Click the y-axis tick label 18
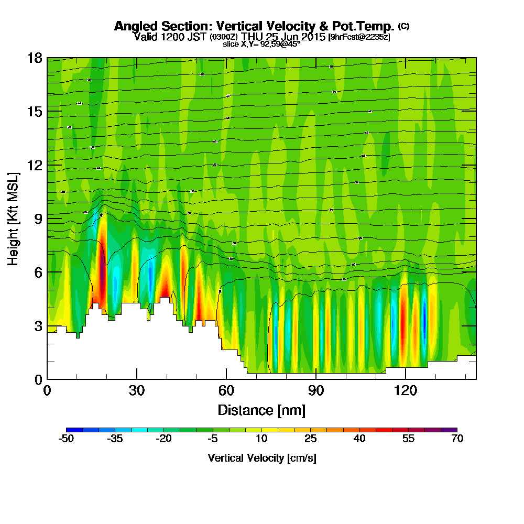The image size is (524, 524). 34,58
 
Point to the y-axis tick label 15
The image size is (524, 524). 34,112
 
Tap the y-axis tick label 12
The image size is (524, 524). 34,165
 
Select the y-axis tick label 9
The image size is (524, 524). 38,219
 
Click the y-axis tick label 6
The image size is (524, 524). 38,272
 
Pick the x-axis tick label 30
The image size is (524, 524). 137,391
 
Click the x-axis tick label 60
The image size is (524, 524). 226,391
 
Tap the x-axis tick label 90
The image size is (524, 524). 315,391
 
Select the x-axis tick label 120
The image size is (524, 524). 405,391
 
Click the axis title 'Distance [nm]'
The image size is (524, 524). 261,409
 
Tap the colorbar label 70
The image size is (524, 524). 457,439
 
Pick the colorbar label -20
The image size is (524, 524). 163,439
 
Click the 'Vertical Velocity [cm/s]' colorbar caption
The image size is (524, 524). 261,458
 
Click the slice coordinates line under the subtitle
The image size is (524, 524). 261,45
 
